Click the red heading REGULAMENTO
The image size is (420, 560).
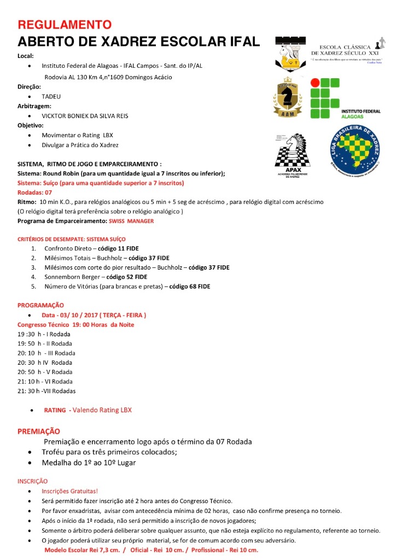65,25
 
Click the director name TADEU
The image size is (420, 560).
51,97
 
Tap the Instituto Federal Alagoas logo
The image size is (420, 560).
344,99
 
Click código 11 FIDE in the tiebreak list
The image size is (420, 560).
118,248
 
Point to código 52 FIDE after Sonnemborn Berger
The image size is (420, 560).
126,277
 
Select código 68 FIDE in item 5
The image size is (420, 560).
189,286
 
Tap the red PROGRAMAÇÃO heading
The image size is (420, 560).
40,305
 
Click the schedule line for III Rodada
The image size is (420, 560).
46,353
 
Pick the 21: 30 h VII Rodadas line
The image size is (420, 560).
47,391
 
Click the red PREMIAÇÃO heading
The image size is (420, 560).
39,431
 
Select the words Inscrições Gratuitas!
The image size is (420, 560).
70,492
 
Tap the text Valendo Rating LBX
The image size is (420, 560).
102,410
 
